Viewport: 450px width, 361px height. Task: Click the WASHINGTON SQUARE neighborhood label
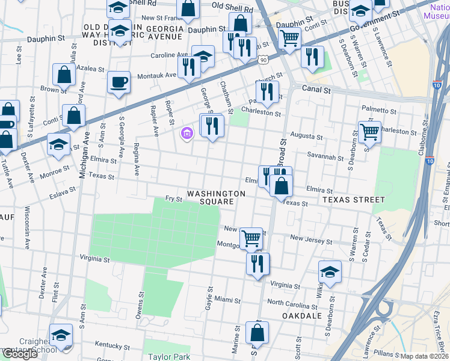216,198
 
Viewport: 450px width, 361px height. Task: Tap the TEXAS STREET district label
353,199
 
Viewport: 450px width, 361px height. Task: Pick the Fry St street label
174,199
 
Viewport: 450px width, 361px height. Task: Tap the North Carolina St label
292,302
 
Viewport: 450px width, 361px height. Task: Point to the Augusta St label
306,137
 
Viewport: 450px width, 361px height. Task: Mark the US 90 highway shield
264,60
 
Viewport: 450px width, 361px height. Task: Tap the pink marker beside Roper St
186,133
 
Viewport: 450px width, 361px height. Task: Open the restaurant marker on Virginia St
257,263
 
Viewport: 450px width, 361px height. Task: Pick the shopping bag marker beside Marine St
257,332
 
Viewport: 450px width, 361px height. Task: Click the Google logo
20,354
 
